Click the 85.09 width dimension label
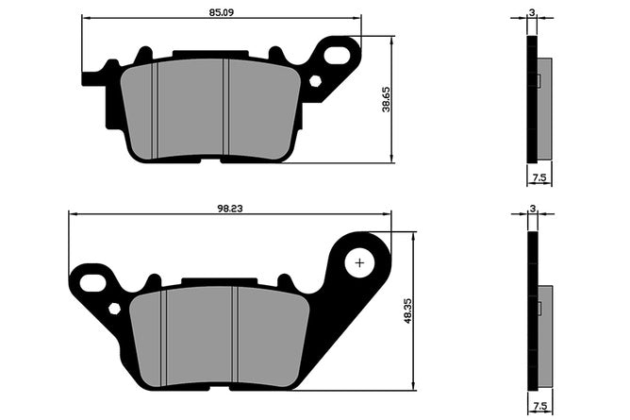[x=221, y=12]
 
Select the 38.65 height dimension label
[x=386, y=99]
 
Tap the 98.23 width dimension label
[x=230, y=209]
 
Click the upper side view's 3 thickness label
[x=532, y=12]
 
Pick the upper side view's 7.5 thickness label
[x=539, y=177]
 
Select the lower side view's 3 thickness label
[x=533, y=209]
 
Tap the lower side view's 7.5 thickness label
[x=540, y=406]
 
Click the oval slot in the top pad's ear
[x=337, y=54]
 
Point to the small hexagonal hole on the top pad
[x=315, y=81]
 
